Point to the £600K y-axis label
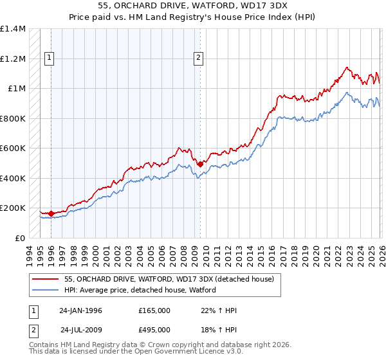click(x=13, y=148)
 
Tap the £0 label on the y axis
click(x=19, y=238)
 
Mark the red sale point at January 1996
click(x=51, y=213)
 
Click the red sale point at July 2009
click(x=200, y=164)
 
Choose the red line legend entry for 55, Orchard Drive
click(x=169, y=279)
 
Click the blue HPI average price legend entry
click(x=140, y=290)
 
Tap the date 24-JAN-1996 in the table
click(x=80, y=310)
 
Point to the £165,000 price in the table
click(x=154, y=310)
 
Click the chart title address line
click(x=193, y=6)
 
